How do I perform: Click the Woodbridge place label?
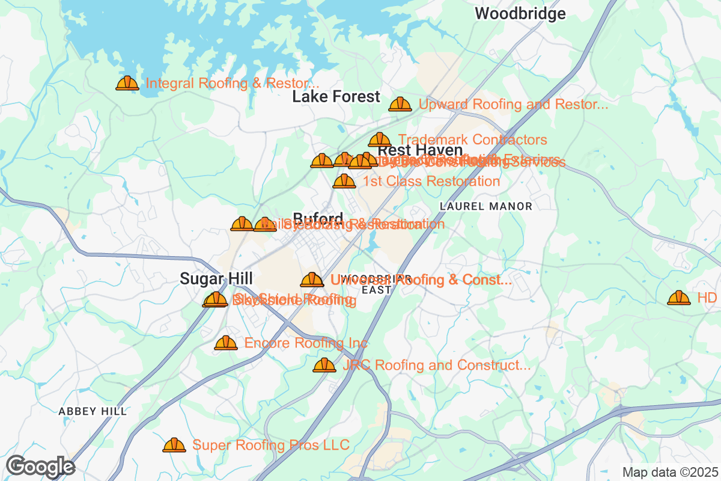[x=520, y=14]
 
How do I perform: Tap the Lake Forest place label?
[x=336, y=97]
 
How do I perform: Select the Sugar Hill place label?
[x=216, y=278]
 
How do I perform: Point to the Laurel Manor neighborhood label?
[x=486, y=206]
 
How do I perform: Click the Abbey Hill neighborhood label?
[x=93, y=411]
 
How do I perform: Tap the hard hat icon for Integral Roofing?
[x=127, y=83]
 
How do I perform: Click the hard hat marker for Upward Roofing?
[x=400, y=104]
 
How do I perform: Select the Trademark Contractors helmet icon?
[x=379, y=139]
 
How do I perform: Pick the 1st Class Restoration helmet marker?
[x=344, y=180]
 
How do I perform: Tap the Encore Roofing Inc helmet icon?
[x=226, y=343]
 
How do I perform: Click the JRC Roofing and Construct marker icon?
[x=324, y=365]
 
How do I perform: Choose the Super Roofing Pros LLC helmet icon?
[x=174, y=445]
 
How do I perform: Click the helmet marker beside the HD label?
[x=679, y=297]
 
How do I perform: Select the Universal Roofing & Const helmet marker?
[x=312, y=280]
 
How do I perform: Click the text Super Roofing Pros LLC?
[x=270, y=445]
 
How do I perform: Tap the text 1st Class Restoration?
[x=431, y=181]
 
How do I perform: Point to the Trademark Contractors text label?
[x=472, y=140]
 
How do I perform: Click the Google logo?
[x=40, y=466]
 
